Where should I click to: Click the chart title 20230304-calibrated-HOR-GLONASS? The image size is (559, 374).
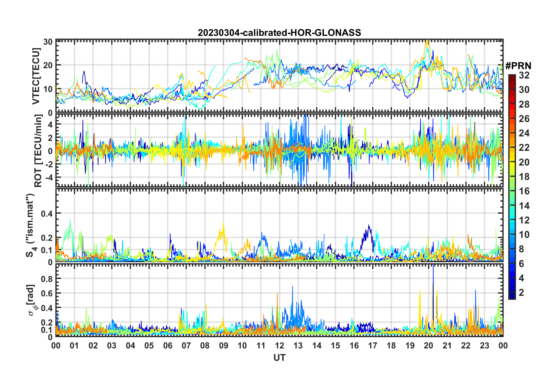click(x=279, y=33)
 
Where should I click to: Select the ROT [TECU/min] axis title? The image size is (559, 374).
click(x=38, y=151)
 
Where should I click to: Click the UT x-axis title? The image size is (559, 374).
click(x=279, y=358)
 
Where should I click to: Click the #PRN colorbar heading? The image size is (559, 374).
click(x=518, y=66)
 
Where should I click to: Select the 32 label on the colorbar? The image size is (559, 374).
click(x=524, y=75)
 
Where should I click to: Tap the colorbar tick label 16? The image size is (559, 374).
click(x=524, y=191)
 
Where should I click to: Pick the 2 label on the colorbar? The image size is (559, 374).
click(x=521, y=292)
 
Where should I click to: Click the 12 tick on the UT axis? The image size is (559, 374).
click(x=279, y=345)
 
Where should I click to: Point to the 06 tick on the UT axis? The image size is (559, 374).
click(x=168, y=345)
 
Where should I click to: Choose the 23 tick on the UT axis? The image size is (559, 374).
click(x=484, y=345)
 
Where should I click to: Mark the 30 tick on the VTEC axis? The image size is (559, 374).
click(x=48, y=42)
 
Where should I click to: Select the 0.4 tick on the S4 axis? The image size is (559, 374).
click(x=47, y=213)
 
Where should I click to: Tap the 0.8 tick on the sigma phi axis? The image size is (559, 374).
click(x=47, y=278)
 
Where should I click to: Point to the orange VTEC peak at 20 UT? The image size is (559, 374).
click(x=427, y=41)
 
